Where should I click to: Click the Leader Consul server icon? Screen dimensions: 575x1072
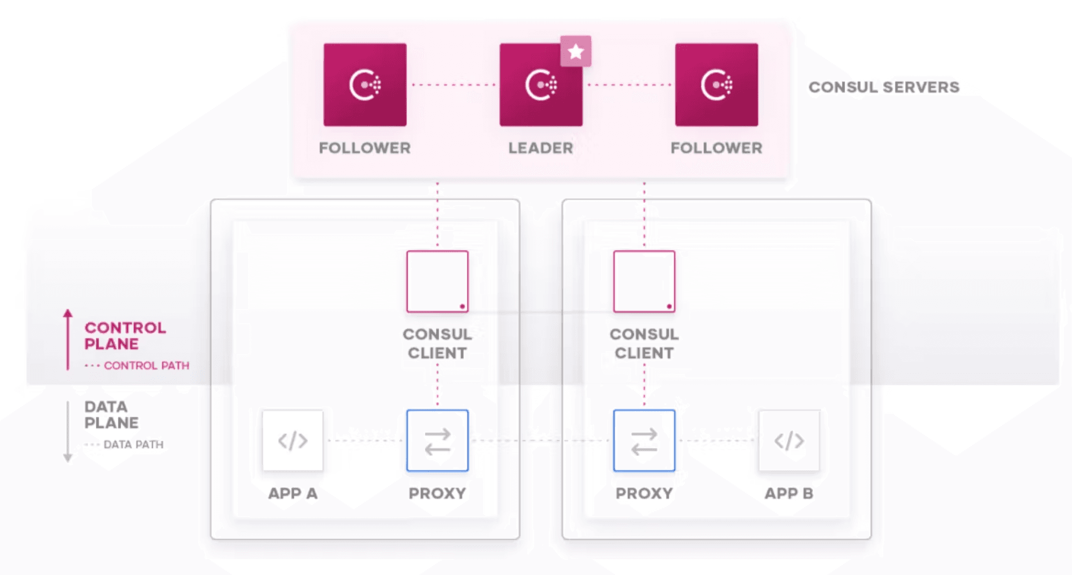tap(541, 85)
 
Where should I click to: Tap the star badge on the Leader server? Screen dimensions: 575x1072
tap(575, 52)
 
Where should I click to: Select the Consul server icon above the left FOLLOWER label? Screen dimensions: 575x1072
tap(365, 85)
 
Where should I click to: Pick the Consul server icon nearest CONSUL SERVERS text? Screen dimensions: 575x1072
tap(717, 85)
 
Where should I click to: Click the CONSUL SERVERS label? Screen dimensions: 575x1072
tap(884, 87)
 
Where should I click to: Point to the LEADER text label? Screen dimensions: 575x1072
tap(541, 148)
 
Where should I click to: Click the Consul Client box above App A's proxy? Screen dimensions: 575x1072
tap(437, 282)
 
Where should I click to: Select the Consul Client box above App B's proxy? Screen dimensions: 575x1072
tap(644, 282)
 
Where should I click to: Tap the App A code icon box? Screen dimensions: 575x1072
tap(293, 441)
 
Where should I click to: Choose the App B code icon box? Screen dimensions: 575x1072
tap(789, 441)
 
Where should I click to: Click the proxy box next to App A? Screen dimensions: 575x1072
tap(437, 441)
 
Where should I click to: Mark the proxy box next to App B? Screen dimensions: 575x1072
tap(644, 441)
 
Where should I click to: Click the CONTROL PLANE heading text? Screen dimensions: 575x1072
tap(125, 335)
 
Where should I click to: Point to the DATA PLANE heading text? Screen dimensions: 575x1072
tap(111, 414)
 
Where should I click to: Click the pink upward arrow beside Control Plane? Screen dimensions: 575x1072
tap(68, 340)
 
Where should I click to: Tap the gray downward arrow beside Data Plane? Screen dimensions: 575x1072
tap(68, 432)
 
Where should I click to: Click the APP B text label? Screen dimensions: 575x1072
tap(789, 493)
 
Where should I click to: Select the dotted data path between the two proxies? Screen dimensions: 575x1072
tap(541, 441)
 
